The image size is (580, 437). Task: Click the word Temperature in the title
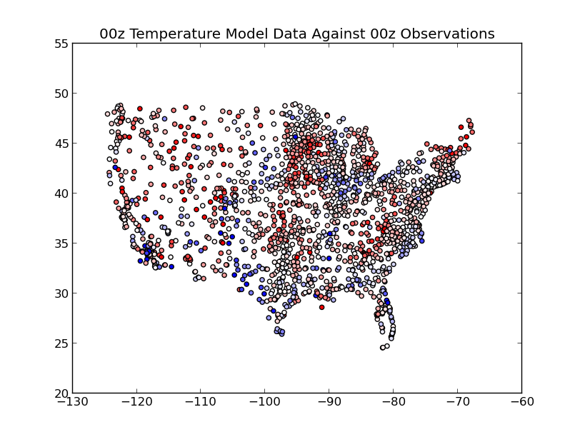coord(176,34)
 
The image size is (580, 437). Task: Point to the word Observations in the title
coord(448,34)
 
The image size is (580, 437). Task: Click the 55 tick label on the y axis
coord(61,44)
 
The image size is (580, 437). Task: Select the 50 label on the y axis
coord(61,94)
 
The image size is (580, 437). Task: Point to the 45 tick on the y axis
coord(61,144)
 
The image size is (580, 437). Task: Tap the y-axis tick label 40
coord(61,194)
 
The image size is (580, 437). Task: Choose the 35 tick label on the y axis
coord(61,243)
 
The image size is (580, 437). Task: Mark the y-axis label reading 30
coord(61,293)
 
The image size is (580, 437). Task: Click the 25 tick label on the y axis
coord(61,343)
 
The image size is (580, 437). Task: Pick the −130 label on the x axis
coord(73,401)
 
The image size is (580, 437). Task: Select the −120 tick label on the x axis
coord(137,401)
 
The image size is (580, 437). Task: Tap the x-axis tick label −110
coord(201,401)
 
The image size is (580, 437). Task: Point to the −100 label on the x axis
coord(265,401)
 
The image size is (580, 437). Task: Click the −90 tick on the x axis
coord(329,401)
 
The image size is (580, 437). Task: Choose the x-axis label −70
coord(458,401)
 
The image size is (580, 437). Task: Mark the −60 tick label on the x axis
coord(522,401)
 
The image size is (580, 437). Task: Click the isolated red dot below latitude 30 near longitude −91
coord(321,307)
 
